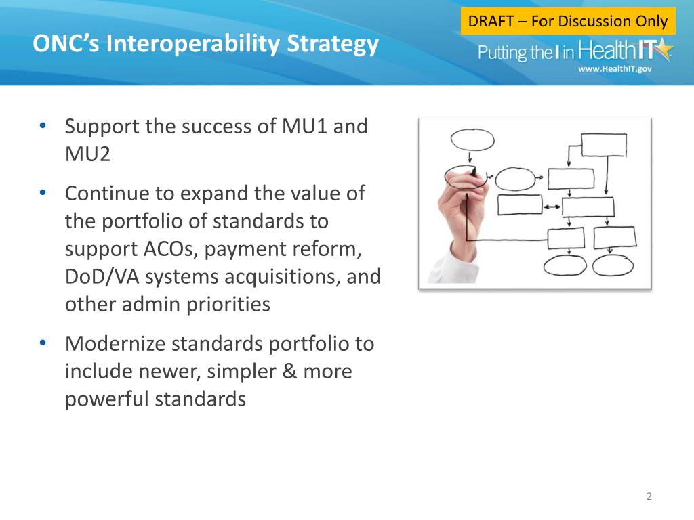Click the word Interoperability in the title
(192, 44)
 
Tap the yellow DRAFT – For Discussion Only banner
(568, 21)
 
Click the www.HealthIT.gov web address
(615, 68)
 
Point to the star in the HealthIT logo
(663, 49)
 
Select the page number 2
(649, 496)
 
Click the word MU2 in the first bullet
(87, 154)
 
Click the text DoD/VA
(102, 277)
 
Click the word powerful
(108, 399)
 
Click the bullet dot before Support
(43, 125)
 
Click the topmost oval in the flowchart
(472, 139)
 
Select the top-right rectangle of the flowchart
(604, 145)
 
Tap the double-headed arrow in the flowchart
(552, 207)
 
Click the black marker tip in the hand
(474, 171)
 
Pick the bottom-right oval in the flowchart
(613, 265)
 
